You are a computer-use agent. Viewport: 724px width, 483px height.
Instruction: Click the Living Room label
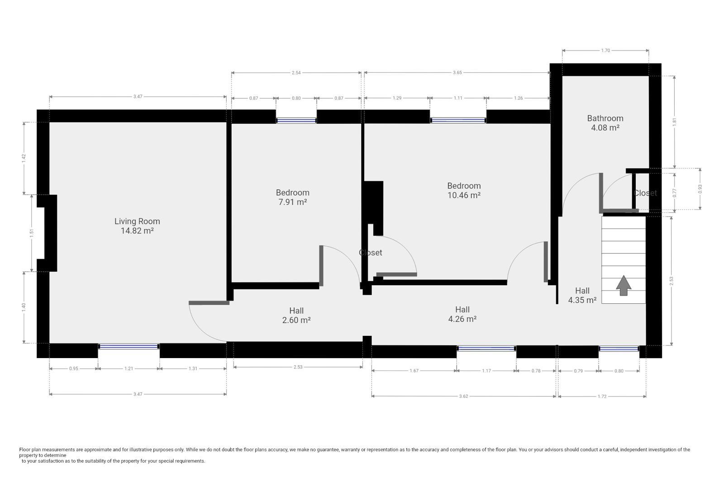coord(137,221)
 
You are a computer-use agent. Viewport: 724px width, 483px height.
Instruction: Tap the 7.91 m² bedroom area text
coord(292,202)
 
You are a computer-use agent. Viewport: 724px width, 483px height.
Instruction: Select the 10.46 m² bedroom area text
coord(463,196)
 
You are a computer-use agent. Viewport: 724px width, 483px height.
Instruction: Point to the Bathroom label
coord(605,118)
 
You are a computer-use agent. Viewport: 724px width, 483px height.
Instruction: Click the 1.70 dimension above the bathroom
coord(605,51)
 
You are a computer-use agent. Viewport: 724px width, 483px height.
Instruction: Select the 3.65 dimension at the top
coord(457,72)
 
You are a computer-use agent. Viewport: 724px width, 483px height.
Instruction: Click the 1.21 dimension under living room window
coord(129,368)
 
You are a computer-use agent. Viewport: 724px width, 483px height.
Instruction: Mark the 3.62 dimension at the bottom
coord(463,396)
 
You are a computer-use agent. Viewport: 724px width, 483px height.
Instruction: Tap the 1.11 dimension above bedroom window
coord(458,98)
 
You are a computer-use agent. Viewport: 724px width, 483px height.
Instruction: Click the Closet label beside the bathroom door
coord(645,193)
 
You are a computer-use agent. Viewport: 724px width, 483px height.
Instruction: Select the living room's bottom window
coord(129,347)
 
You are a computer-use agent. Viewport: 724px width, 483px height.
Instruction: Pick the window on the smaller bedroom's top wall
coord(296,120)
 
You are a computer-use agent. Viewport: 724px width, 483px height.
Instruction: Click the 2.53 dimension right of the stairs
coord(672,281)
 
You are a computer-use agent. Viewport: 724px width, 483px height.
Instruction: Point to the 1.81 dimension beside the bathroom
coord(674,121)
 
